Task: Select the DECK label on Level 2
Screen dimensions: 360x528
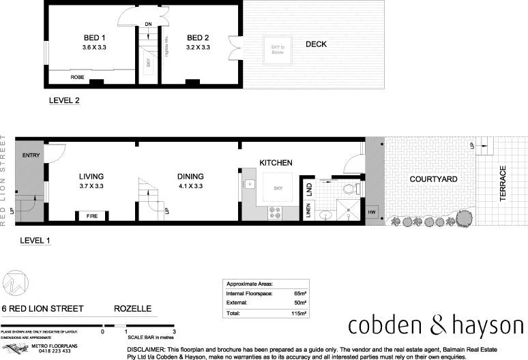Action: click(316, 44)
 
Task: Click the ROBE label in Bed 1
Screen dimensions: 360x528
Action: click(78, 78)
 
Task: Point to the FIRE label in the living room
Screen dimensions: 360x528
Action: click(91, 216)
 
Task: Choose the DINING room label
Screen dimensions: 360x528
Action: click(190, 176)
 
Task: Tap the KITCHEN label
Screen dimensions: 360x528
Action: click(276, 163)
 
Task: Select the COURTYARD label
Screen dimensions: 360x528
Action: click(433, 179)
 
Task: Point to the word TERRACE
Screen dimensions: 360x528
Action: click(503, 182)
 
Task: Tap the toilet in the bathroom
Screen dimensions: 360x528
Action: click(349, 190)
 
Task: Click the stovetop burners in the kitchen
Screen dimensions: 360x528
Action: click(276, 213)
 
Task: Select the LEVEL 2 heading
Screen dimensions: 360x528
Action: click(64, 101)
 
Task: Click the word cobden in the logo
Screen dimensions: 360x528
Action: click(381, 325)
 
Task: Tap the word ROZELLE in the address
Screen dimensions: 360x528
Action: click(132, 308)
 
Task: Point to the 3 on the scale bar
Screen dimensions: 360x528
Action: click(175, 332)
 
